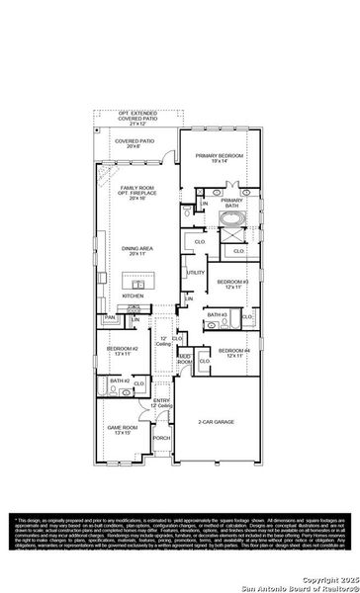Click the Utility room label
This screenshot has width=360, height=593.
coord(196,272)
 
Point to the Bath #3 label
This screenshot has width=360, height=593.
coord(218,314)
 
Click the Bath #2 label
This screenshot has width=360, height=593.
coord(120,381)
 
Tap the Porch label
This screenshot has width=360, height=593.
coord(161,438)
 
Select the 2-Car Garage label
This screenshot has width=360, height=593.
coord(216,422)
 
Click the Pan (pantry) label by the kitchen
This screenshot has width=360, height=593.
coord(110,317)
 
